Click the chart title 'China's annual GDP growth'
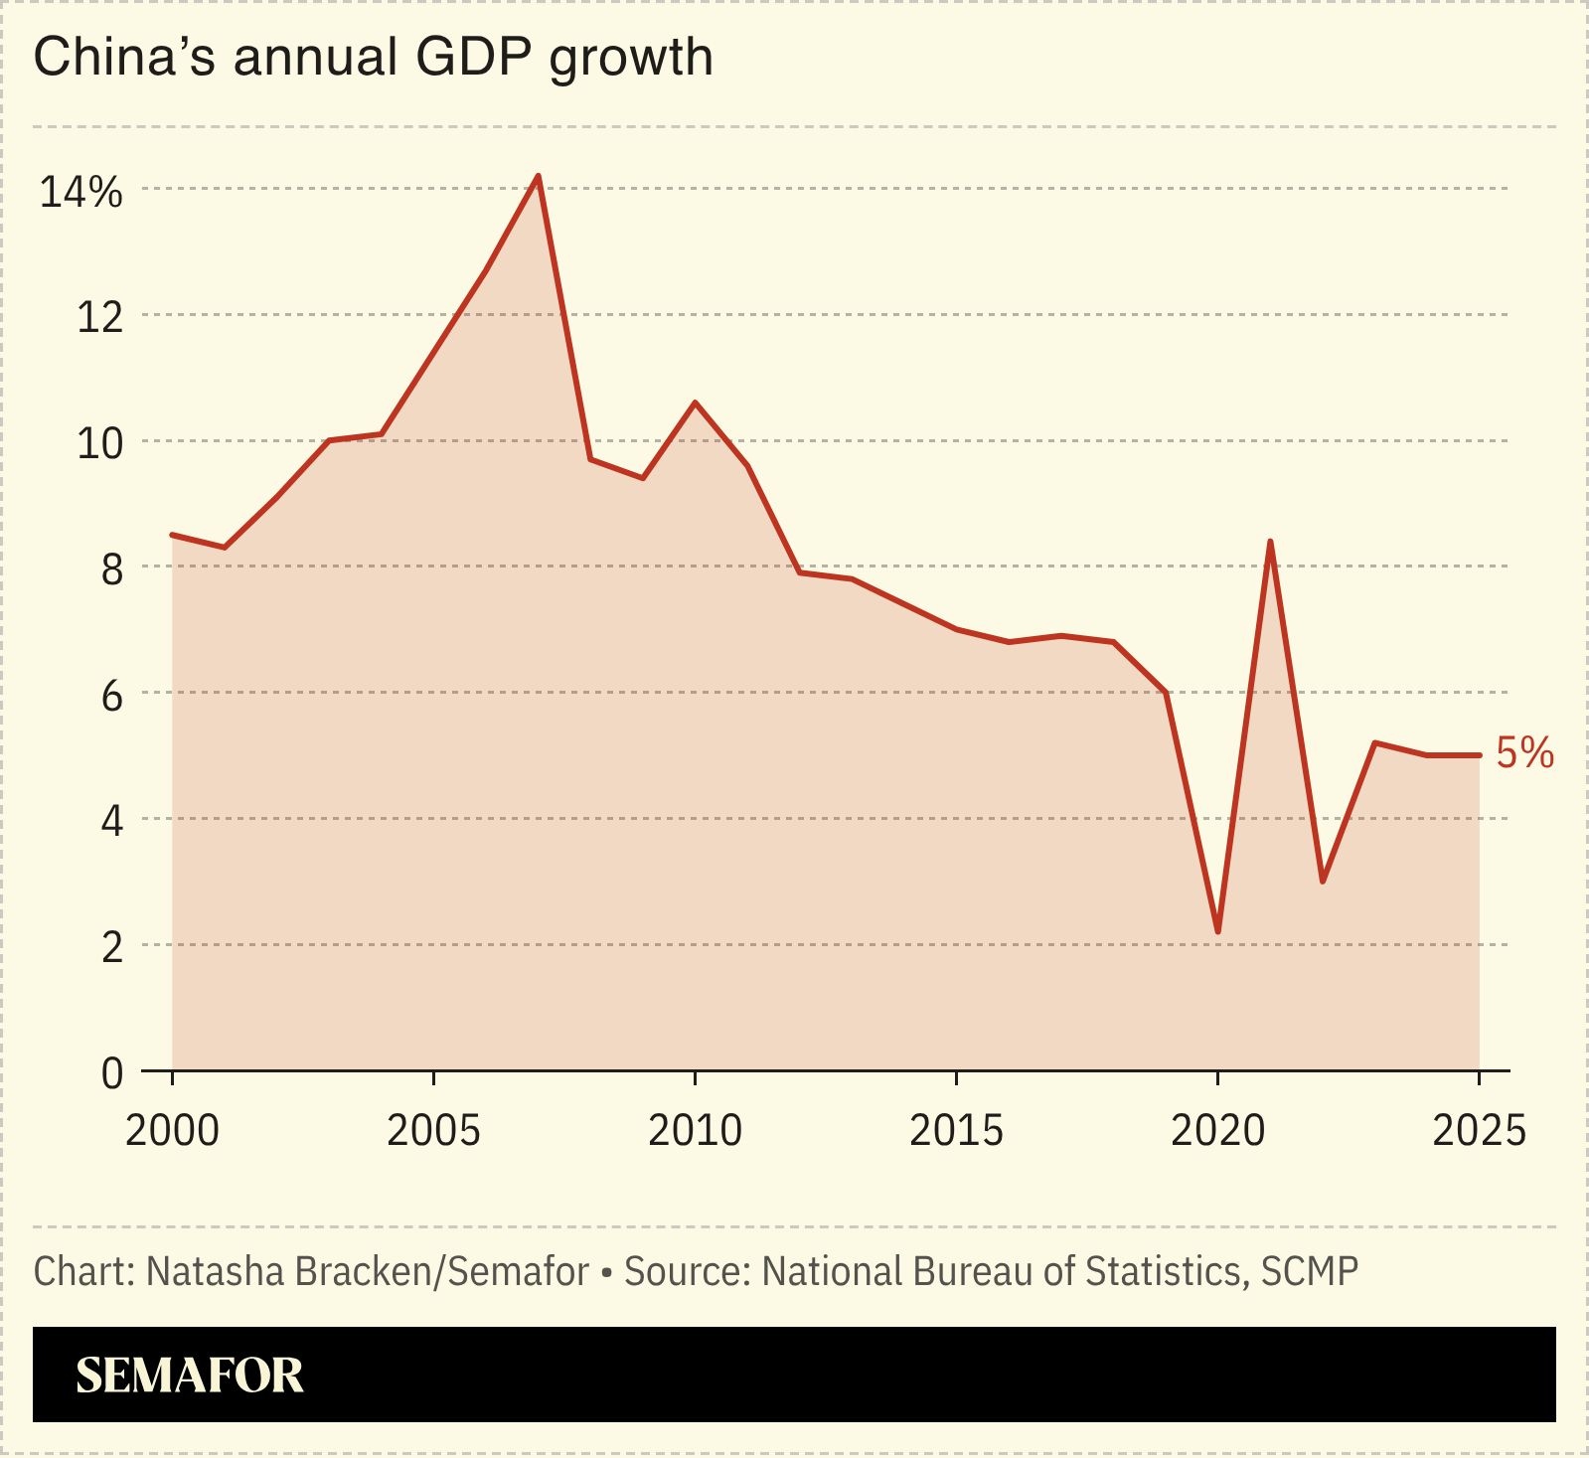(x=373, y=57)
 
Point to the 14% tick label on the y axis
(x=80, y=192)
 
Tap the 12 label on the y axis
(x=99, y=318)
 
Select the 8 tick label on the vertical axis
(x=111, y=569)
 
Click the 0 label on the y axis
(x=112, y=1073)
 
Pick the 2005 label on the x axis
(x=433, y=1130)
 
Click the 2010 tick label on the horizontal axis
(x=695, y=1130)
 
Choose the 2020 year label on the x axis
(x=1217, y=1130)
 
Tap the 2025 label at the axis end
(x=1478, y=1130)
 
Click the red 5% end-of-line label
(x=1524, y=753)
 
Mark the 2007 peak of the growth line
(x=538, y=177)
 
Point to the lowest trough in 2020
(x=1217, y=931)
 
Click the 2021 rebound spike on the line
(x=1270, y=542)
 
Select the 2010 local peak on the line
(x=695, y=403)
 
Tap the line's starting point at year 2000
(x=173, y=535)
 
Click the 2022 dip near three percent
(x=1322, y=881)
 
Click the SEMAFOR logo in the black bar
(x=189, y=1376)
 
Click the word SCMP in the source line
(x=1309, y=1271)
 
